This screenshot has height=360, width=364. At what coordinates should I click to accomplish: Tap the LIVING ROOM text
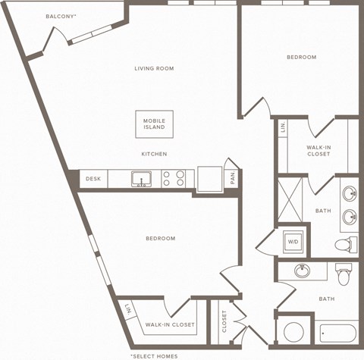[154, 68]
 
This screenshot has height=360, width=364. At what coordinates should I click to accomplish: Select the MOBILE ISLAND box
[154, 124]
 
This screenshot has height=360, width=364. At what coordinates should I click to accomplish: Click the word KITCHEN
[154, 154]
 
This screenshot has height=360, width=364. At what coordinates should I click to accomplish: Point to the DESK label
[93, 179]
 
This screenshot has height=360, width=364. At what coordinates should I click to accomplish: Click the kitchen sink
[140, 179]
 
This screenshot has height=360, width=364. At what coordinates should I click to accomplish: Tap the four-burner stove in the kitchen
[174, 179]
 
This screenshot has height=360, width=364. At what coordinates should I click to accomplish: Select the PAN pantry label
[233, 179]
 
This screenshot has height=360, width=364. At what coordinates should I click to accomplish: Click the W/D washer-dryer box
[293, 242]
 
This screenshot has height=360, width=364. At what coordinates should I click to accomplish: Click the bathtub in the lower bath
[337, 334]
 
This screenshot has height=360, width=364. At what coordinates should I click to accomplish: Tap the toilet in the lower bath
[344, 271]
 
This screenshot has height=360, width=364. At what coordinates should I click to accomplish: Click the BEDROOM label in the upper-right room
[301, 57]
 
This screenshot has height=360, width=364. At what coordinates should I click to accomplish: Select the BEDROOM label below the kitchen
[160, 239]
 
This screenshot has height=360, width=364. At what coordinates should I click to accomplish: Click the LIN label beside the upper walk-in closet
[283, 127]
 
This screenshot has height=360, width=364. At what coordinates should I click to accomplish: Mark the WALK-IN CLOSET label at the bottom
[170, 324]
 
